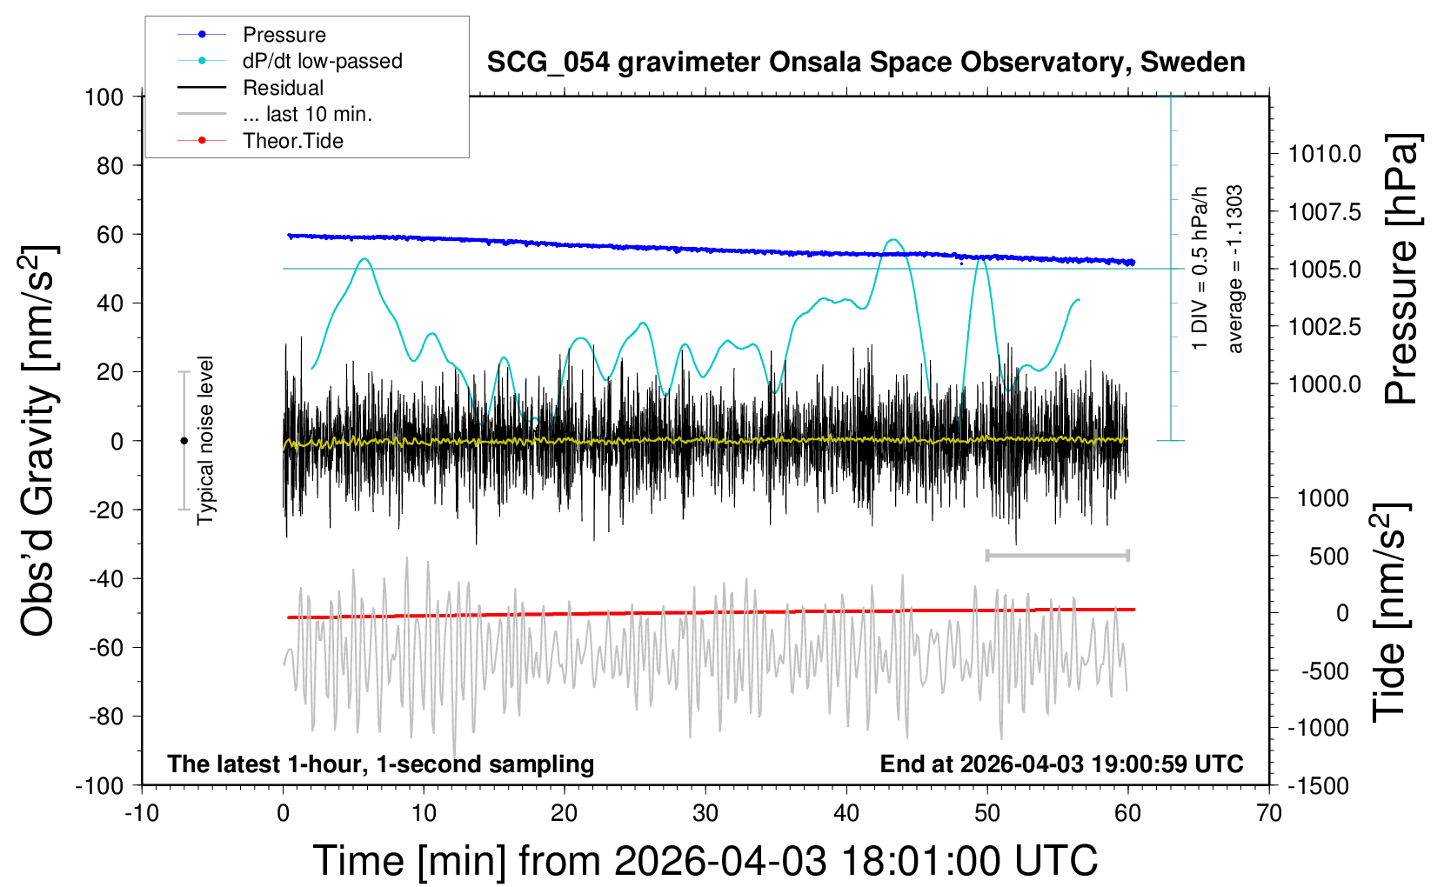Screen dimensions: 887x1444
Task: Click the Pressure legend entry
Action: click(284, 35)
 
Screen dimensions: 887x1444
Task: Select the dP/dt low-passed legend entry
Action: click(322, 61)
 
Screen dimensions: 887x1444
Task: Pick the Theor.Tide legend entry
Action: click(292, 141)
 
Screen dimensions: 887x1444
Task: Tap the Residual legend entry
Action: click(283, 88)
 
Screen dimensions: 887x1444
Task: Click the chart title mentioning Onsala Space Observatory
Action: click(866, 63)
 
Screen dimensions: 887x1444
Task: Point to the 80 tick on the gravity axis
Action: click(110, 165)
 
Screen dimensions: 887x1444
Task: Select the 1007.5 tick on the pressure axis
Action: click(1325, 212)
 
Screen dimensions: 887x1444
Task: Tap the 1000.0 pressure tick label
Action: click(1325, 383)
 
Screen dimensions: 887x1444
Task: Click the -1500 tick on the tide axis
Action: click(1318, 786)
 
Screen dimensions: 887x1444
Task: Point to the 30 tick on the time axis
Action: click(705, 813)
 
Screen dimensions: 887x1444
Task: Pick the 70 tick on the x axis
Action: click(1269, 813)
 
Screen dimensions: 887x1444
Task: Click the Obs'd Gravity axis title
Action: click(39, 441)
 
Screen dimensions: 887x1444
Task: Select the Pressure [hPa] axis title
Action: click(1401, 269)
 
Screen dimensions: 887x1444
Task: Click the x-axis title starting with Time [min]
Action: click(705, 861)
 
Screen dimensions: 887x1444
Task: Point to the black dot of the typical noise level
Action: click(184, 441)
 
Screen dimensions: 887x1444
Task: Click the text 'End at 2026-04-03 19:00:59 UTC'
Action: click(1061, 764)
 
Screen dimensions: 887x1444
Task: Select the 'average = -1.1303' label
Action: click(1234, 269)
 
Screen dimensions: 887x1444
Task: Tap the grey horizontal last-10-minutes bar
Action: click(1057, 555)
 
